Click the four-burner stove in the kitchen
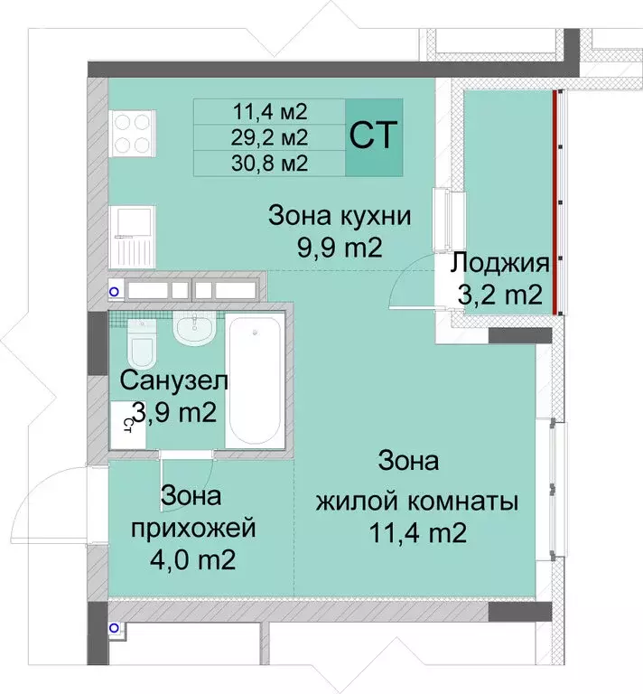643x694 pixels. click(x=132, y=133)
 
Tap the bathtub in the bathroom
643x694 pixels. click(x=256, y=378)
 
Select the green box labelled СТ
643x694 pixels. click(x=374, y=136)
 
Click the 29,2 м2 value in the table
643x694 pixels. click(x=270, y=137)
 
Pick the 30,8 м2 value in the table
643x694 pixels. click(x=270, y=163)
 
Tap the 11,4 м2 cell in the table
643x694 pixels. click(x=270, y=112)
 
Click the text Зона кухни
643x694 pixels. click(x=340, y=217)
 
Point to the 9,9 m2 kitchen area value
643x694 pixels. click(x=340, y=247)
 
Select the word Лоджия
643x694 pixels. click(x=500, y=264)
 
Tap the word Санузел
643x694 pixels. click(x=174, y=380)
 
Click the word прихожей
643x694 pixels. click(x=192, y=527)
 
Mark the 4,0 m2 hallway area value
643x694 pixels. click(x=192, y=559)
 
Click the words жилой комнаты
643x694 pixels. click(x=416, y=501)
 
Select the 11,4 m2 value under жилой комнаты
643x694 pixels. click(x=416, y=533)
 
